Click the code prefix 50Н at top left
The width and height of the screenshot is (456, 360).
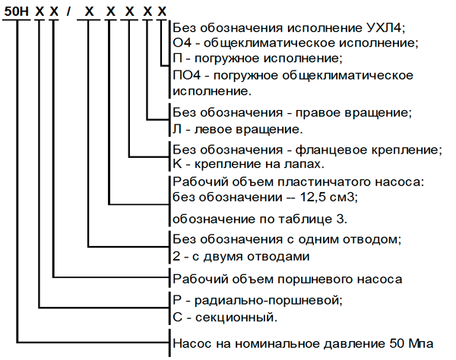(x=17, y=11)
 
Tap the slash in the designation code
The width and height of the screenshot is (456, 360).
(x=68, y=11)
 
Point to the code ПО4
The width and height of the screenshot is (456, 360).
(x=187, y=75)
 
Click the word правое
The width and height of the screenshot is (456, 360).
(x=318, y=112)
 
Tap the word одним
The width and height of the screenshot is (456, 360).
(x=319, y=239)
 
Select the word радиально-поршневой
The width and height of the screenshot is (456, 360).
(x=267, y=300)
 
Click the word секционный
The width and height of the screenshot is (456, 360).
(x=234, y=317)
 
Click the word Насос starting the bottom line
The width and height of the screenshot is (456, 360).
(x=192, y=343)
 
